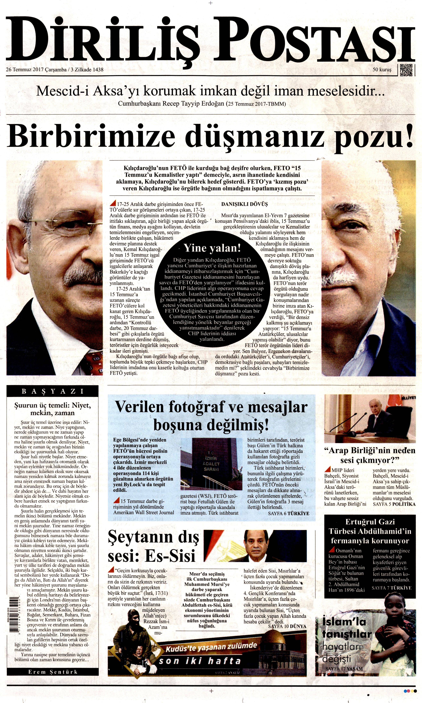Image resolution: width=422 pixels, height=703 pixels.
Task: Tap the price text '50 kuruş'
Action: tap(382, 69)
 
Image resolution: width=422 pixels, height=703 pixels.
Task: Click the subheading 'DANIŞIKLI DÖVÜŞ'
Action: tap(244, 204)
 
